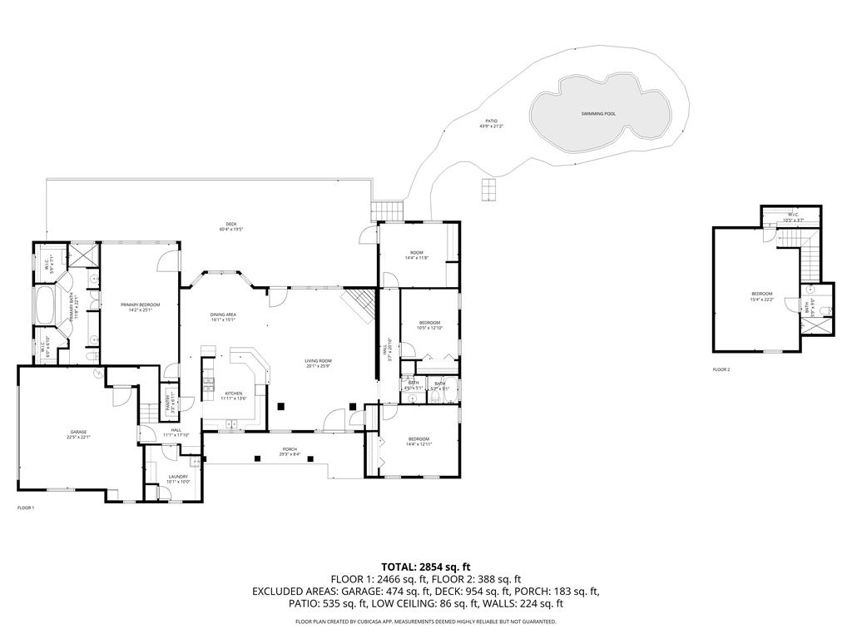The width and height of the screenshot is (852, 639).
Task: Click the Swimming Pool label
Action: (x=598, y=113)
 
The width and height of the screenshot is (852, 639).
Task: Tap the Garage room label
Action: (x=78, y=432)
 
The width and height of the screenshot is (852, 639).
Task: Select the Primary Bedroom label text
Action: (x=139, y=305)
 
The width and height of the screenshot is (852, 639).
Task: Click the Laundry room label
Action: (x=178, y=477)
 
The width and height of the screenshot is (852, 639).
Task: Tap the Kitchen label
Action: (x=234, y=393)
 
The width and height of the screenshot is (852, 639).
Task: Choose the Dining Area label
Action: (x=224, y=315)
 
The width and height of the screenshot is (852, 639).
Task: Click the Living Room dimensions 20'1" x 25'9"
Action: (x=318, y=366)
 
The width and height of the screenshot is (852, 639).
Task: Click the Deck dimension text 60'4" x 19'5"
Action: (x=230, y=229)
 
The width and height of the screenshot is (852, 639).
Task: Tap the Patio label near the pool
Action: (x=492, y=121)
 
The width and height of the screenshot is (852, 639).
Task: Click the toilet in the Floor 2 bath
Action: (x=822, y=310)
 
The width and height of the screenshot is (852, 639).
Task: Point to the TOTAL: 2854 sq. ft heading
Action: (x=425, y=567)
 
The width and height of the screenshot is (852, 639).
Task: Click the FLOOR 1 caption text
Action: (x=26, y=508)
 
